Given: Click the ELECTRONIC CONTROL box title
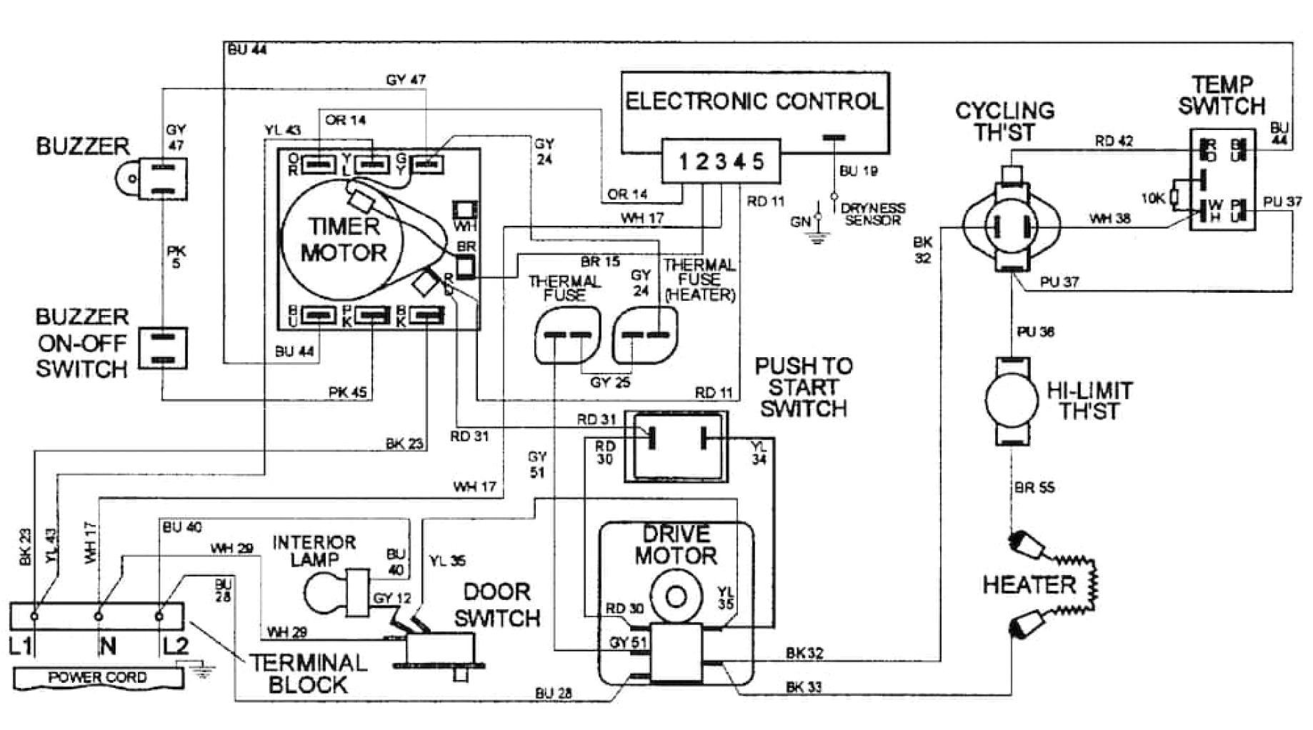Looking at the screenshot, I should (x=754, y=101).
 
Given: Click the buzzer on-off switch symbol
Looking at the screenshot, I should (x=163, y=348).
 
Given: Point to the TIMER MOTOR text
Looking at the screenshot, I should (x=344, y=239).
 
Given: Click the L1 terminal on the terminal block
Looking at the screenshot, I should (x=34, y=615).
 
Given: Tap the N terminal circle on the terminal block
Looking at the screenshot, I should (x=99, y=615).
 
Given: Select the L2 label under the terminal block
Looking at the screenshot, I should (x=175, y=646).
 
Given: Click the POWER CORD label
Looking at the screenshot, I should (x=97, y=677).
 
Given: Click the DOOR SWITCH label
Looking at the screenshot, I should (x=497, y=604).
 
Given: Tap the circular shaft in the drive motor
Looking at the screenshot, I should (x=676, y=596).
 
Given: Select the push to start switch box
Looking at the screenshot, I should (x=676, y=446).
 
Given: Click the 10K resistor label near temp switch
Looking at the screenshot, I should (x=1153, y=199).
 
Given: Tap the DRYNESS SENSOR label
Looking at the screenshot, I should (x=873, y=214).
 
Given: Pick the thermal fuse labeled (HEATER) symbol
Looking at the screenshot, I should (x=644, y=334).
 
